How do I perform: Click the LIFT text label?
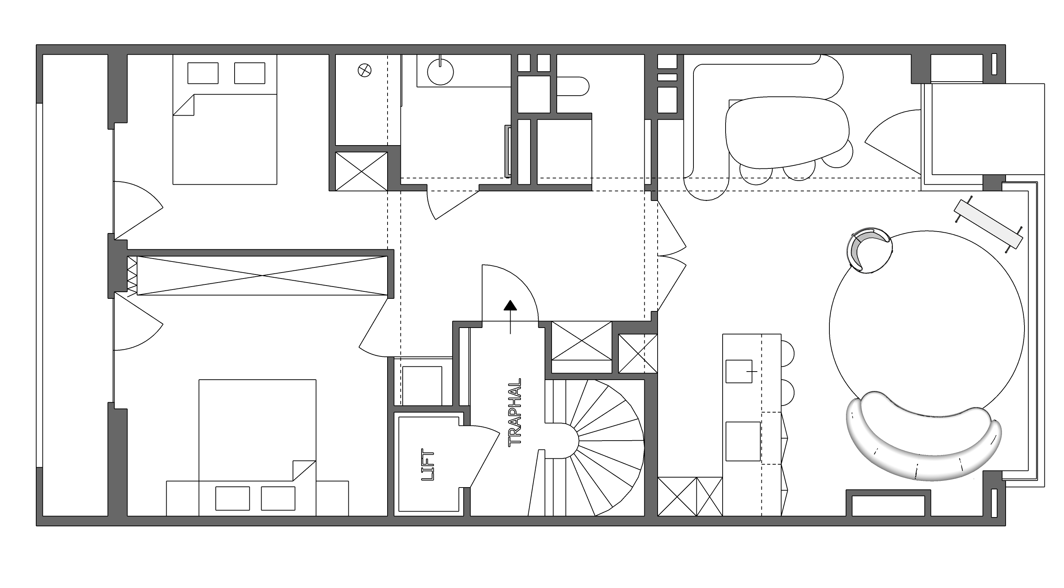coord(427,465)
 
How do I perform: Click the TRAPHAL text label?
coord(515,412)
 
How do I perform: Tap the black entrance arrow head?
coord(511,305)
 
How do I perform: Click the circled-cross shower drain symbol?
coord(364,70)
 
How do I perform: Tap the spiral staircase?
coord(595,448)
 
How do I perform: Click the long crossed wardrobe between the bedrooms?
coord(262,276)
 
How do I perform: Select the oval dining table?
coord(787,133)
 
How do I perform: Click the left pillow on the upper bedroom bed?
coord(203,73)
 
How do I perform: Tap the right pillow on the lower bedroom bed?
coord(278,498)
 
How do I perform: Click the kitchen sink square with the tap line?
coord(739,371)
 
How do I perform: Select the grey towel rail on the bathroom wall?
coord(508,150)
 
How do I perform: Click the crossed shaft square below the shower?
coord(361,171)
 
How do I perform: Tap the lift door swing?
coord(483,456)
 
